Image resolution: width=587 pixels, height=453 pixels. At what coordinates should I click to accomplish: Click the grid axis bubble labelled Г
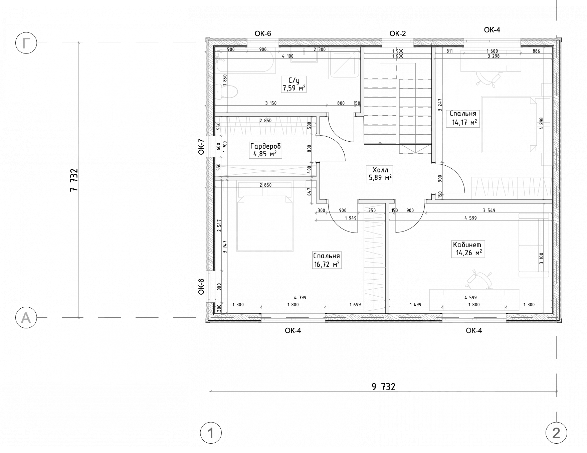[26, 43]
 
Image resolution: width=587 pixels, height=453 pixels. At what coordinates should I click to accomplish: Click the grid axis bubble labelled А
[26, 318]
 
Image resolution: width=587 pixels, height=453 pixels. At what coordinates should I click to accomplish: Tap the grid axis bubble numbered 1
[211, 434]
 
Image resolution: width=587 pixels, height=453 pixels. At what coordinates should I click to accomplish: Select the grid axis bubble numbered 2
[556, 434]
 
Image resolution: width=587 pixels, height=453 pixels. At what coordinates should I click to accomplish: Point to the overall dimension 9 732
[383, 387]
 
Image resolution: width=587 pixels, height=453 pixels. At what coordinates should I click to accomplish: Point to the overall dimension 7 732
[74, 180]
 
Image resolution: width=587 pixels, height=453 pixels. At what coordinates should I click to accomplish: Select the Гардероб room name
[265, 146]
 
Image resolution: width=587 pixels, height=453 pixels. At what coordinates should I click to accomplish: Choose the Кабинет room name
[467, 245]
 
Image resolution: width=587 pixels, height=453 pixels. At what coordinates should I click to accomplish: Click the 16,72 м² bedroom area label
[327, 265]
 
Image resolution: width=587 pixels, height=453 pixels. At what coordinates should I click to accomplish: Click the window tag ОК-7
[201, 147]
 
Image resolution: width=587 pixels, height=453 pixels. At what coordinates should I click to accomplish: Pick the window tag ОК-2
[398, 33]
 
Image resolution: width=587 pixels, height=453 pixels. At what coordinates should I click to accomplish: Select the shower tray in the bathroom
[344, 64]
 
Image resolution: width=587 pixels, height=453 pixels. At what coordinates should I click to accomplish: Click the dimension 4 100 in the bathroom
[287, 56]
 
